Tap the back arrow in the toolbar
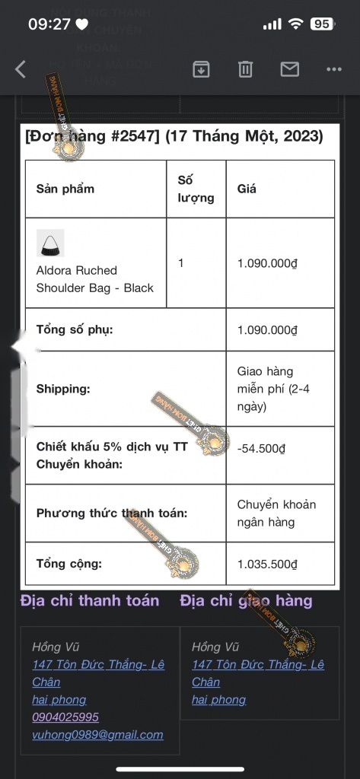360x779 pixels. pyautogui.click(x=21, y=69)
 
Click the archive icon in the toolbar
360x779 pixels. pyautogui.click(x=201, y=69)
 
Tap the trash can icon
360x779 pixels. pyautogui.click(x=245, y=69)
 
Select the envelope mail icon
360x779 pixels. pyautogui.click(x=290, y=69)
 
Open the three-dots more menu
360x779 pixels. pyautogui.click(x=333, y=69)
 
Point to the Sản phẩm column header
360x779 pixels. pyautogui.click(x=65, y=189)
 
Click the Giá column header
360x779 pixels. pyautogui.click(x=247, y=189)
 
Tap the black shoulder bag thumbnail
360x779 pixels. pyautogui.click(x=50, y=243)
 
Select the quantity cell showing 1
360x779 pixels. pyautogui.click(x=181, y=263)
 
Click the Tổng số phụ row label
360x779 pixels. pyautogui.click(x=75, y=330)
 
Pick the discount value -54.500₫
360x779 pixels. pyautogui.click(x=261, y=449)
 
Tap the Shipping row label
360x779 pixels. pyautogui.click(x=63, y=389)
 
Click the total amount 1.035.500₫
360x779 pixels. pyautogui.click(x=267, y=564)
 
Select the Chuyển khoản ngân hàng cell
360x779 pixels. pyautogui.click(x=276, y=514)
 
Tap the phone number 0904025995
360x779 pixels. pyautogui.click(x=65, y=717)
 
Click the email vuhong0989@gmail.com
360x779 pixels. pyautogui.click(x=97, y=735)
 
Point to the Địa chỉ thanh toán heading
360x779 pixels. pyautogui.click(x=90, y=601)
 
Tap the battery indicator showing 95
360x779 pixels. pyautogui.click(x=321, y=24)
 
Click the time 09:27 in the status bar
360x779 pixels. pyautogui.click(x=49, y=24)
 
